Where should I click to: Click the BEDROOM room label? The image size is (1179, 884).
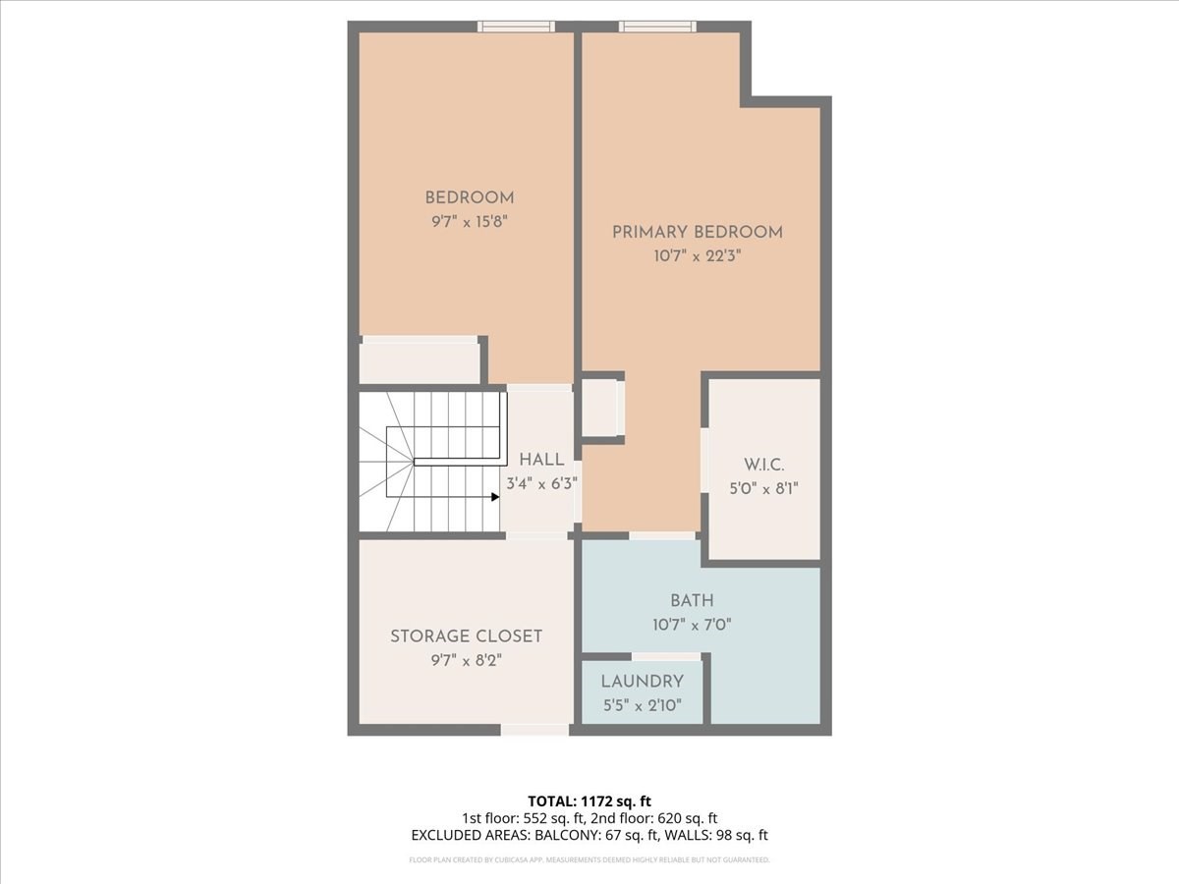[469, 197]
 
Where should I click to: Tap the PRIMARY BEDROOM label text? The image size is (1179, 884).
[697, 232]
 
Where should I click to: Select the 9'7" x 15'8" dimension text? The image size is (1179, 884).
[469, 221]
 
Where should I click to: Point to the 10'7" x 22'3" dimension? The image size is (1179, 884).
[697, 255]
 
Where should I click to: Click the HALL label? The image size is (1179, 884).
[541, 460]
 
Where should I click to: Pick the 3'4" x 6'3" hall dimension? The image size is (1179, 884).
[541, 483]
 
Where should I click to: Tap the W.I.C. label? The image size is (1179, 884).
[763, 464]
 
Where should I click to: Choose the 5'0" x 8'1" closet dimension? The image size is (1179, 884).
[763, 487]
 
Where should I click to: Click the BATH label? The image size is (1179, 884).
[692, 600]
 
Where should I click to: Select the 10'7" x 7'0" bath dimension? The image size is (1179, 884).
[692, 624]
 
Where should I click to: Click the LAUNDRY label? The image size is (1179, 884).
[642, 681]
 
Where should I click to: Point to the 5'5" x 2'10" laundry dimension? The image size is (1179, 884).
[642, 704]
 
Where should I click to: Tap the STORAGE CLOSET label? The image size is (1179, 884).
[466, 636]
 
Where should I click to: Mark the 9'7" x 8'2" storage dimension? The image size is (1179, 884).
[466, 661]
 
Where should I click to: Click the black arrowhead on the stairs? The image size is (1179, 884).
[495, 497]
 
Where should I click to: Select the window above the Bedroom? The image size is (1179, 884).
[516, 27]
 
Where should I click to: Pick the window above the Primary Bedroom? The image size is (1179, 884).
[657, 27]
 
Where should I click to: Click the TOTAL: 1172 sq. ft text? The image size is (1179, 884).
[589, 801]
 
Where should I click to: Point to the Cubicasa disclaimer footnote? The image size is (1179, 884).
[589, 859]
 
